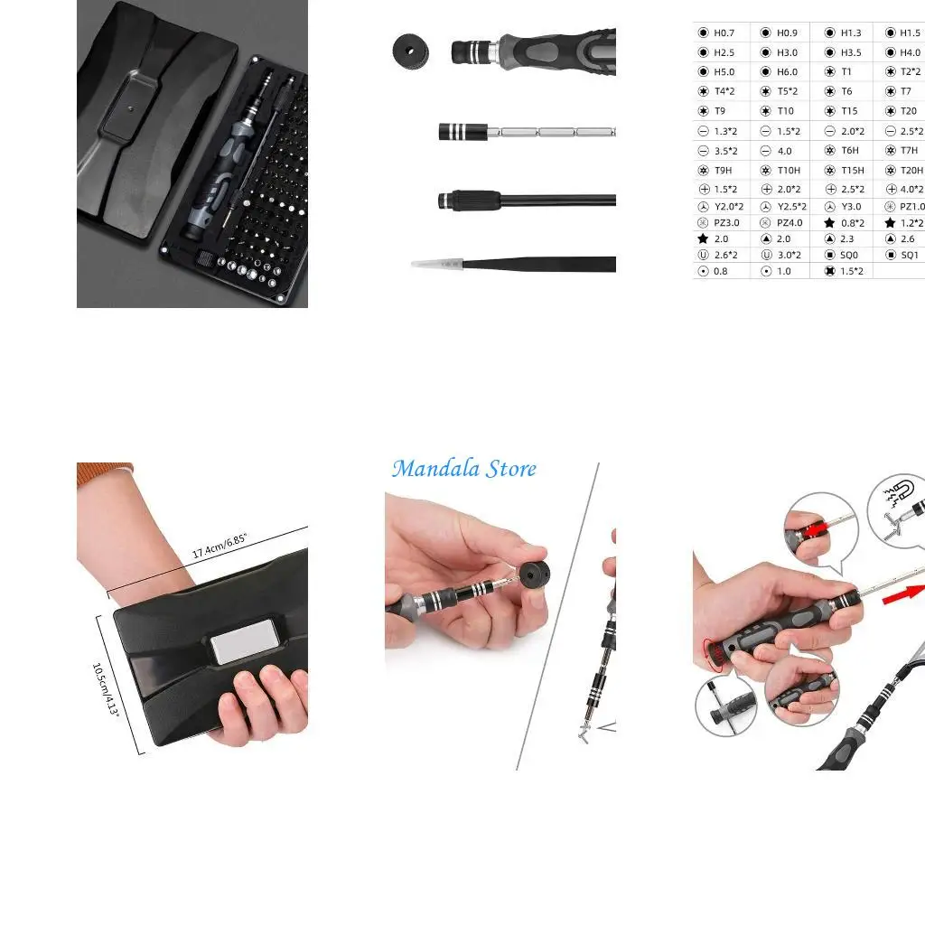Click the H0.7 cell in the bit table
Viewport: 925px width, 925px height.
[x=723, y=33]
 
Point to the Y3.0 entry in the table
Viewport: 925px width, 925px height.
[x=850, y=207]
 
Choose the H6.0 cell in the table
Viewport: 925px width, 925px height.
[x=786, y=72]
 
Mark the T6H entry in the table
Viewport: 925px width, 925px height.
[x=849, y=151]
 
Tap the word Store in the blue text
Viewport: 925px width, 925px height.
[x=511, y=469]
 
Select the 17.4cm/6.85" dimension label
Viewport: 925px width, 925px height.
[x=220, y=547]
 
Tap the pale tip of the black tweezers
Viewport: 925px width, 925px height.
[x=431, y=265]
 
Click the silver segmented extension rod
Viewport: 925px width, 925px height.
[x=551, y=132]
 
